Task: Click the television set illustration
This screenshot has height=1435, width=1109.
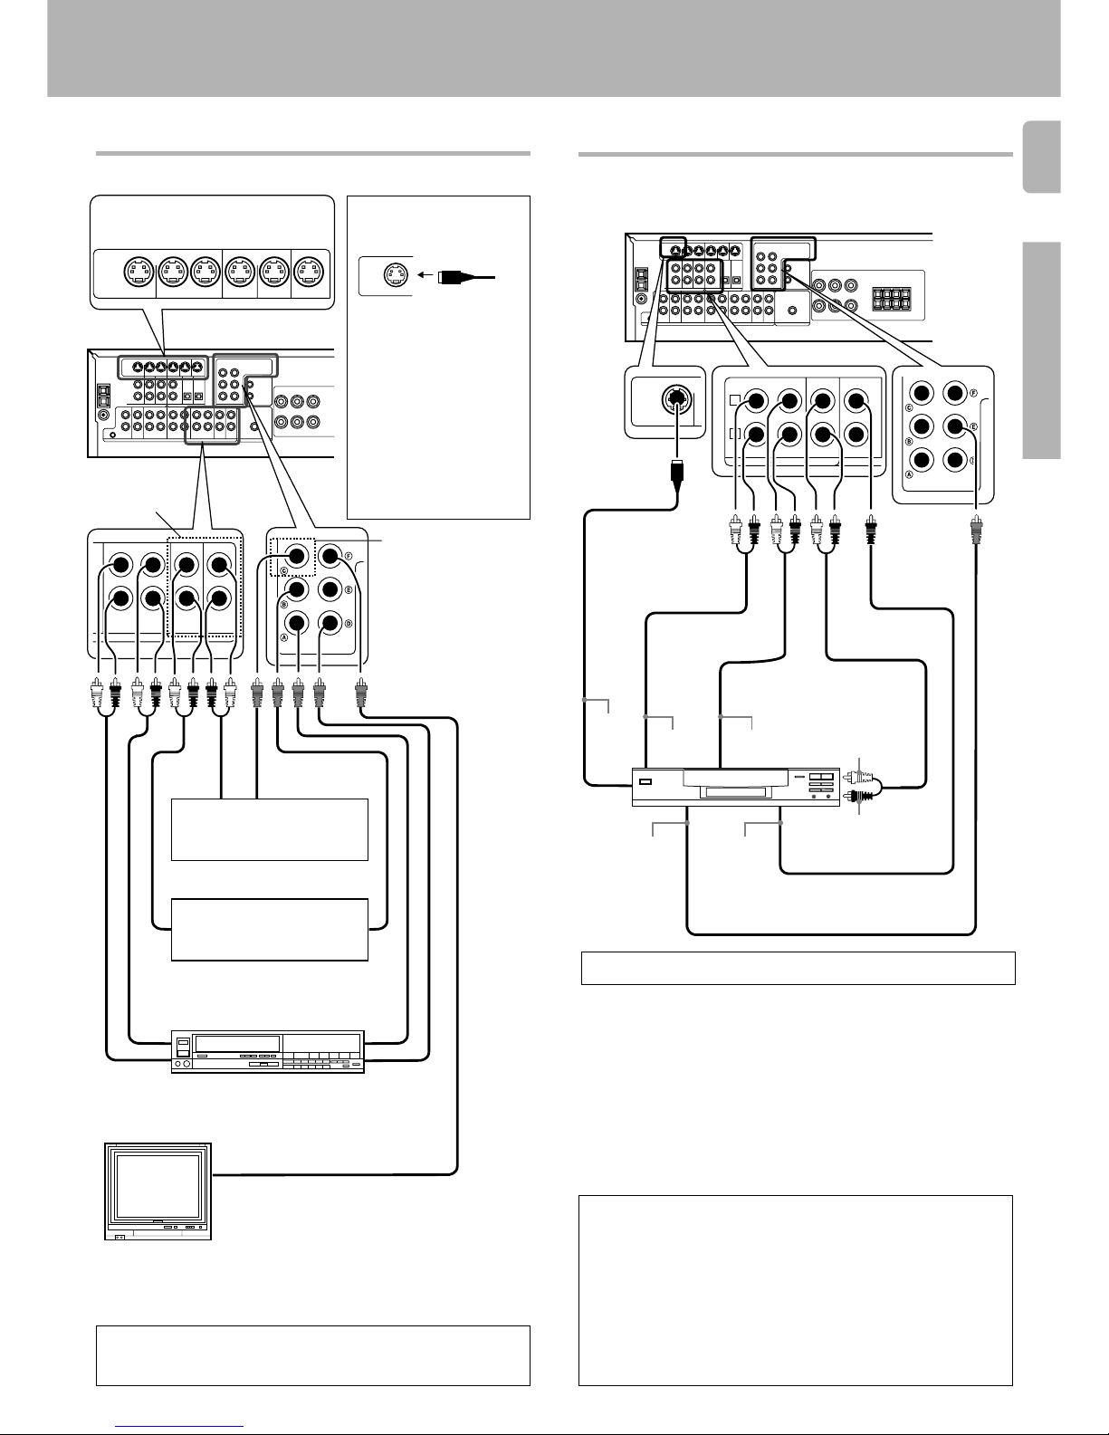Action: coord(158,1191)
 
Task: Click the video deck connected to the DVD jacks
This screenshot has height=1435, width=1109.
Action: coord(735,787)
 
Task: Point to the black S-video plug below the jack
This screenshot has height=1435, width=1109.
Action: coord(676,474)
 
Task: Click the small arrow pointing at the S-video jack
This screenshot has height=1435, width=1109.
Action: coord(425,275)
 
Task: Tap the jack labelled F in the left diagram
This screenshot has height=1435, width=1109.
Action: coord(330,556)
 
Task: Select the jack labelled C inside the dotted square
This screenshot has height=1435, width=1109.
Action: coord(297,556)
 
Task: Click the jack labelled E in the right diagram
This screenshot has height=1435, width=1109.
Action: coord(955,426)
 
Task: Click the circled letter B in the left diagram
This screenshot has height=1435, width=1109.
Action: coord(284,604)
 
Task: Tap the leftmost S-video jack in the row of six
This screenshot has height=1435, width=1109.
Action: coord(139,273)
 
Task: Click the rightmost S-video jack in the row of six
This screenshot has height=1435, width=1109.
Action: coord(308,273)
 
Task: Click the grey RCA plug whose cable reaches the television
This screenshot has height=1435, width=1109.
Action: coord(360,694)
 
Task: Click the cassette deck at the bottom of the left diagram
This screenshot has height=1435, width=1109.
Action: coord(267,1051)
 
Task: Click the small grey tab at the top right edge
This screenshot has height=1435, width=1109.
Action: coord(1042,157)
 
